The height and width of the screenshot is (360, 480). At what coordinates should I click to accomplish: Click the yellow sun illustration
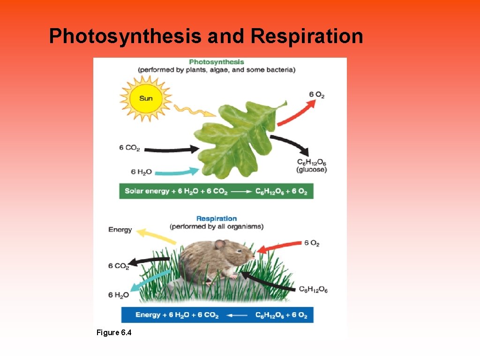pos(146,99)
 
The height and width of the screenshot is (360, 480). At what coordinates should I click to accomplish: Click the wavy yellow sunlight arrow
pos(194,111)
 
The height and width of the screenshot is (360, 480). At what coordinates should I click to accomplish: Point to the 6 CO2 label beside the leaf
pos(129,148)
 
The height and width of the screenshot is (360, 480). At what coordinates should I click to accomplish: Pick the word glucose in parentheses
pos(311,170)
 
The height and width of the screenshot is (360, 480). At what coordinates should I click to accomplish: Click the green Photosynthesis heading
pos(216,62)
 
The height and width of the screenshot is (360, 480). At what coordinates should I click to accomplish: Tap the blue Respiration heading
pos(216,218)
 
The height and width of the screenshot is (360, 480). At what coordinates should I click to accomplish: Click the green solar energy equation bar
pos(216,191)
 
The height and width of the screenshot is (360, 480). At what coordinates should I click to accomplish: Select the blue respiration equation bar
pos(217,315)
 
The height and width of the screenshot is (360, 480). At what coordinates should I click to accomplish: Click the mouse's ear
pos(219,244)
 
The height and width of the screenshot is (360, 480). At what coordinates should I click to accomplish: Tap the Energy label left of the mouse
pos(120,230)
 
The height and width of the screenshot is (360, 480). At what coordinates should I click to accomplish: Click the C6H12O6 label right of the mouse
pos(313,290)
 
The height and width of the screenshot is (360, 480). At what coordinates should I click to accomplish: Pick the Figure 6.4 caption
pos(114,333)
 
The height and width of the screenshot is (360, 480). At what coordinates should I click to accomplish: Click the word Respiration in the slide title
pos(307,36)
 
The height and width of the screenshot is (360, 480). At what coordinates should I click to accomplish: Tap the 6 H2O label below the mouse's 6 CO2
pos(119,295)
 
